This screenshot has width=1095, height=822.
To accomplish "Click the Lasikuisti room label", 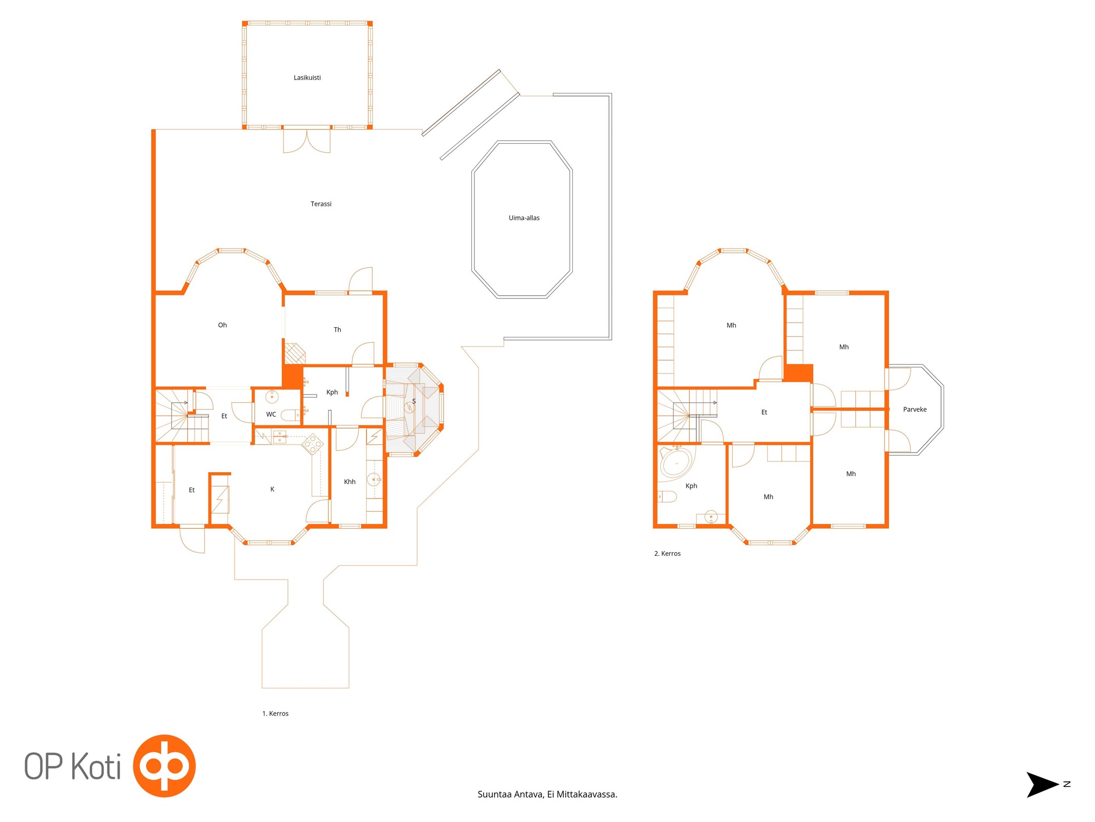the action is click(307, 78).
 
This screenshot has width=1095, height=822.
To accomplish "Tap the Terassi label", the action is click(321, 204).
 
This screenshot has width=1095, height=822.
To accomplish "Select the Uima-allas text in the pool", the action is click(524, 218).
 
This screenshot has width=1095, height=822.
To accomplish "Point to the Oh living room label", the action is click(222, 325).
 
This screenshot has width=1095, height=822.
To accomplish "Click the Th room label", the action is click(337, 330).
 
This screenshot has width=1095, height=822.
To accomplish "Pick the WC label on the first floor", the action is click(271, 415).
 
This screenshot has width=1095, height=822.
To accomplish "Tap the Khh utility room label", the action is click(350, 482).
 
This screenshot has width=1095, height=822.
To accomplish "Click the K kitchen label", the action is click(272, 490).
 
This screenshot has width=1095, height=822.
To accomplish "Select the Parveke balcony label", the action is click(914, 409).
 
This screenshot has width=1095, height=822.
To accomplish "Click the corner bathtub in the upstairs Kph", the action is click(676, 463).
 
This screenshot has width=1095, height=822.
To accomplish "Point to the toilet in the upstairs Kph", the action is click(667, 497).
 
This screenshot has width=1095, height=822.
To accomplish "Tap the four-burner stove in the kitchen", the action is click(312, 443).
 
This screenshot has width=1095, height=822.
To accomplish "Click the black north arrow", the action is click(1042, 784).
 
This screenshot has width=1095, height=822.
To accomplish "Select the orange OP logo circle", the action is click(164, 765).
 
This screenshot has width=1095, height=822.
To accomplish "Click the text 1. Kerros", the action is click(275, 714).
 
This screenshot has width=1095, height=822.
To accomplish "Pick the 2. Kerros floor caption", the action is click(667, 553).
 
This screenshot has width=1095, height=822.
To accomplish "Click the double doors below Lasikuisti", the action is click(306, 141).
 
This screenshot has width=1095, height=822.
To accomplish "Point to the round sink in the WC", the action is click(272, 397).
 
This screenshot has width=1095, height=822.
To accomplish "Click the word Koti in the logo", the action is click(96, 767).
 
